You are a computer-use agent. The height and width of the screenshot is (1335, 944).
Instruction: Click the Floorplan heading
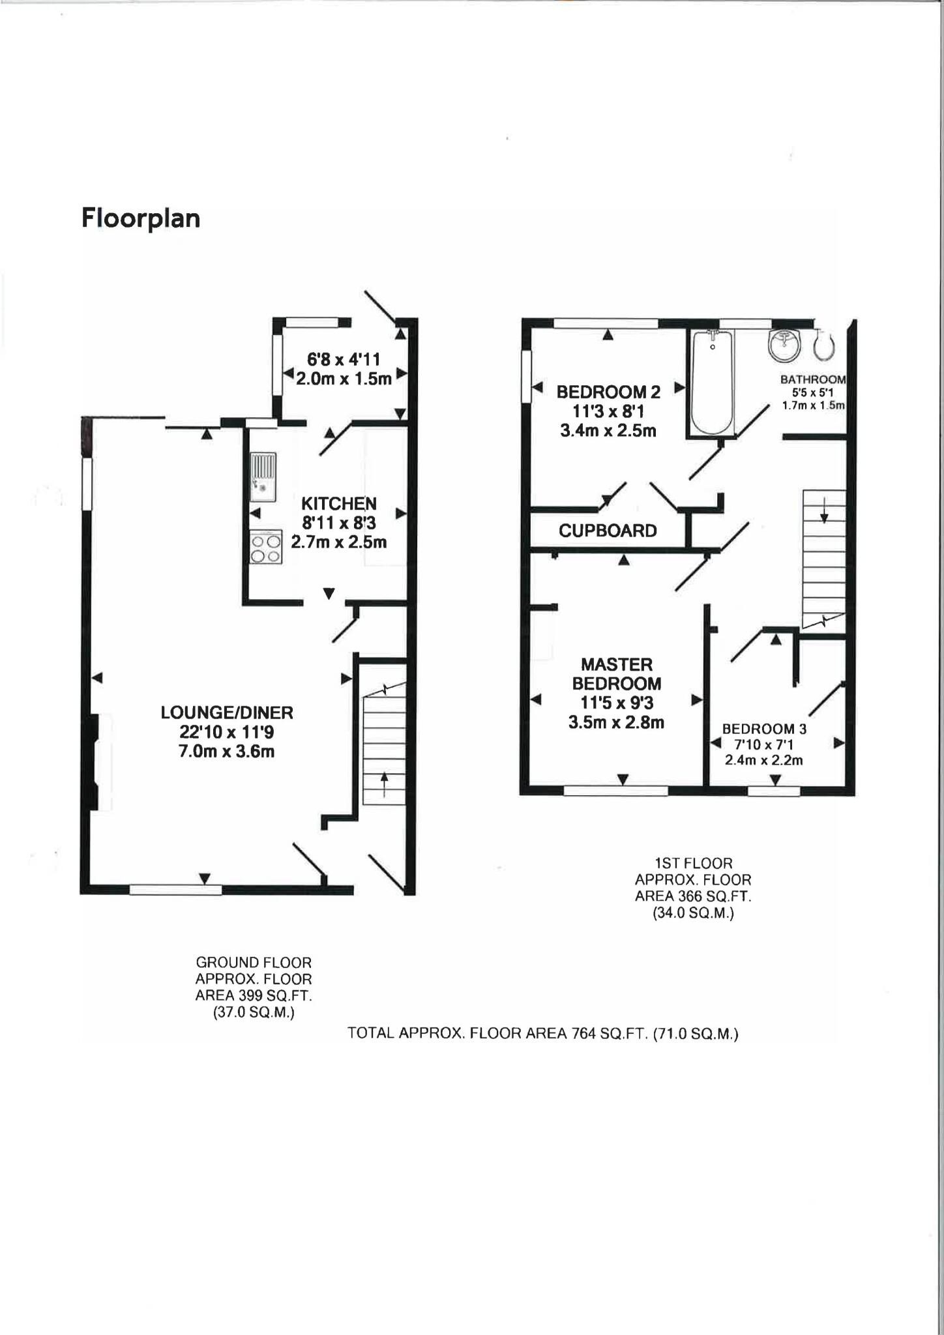(140, 218)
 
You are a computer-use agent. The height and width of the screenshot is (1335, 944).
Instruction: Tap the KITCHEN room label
(338, 503)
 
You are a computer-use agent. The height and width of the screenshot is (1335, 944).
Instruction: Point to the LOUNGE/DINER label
(227, 712)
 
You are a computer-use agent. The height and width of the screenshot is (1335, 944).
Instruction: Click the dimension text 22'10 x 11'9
(227, 732)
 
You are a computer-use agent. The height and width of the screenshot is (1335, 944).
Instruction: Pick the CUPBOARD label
(607, 531)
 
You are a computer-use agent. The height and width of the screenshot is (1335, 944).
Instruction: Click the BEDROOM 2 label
(608, 392)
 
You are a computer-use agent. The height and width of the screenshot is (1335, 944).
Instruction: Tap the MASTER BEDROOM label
(616, 674)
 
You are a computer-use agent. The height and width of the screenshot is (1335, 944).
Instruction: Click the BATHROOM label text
(812, 379)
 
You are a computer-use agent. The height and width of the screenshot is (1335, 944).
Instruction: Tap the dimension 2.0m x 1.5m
(344, 379)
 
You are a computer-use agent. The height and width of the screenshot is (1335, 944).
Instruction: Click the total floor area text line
(542, 1033)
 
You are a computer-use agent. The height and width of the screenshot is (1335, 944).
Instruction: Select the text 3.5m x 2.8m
(616, 722)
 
